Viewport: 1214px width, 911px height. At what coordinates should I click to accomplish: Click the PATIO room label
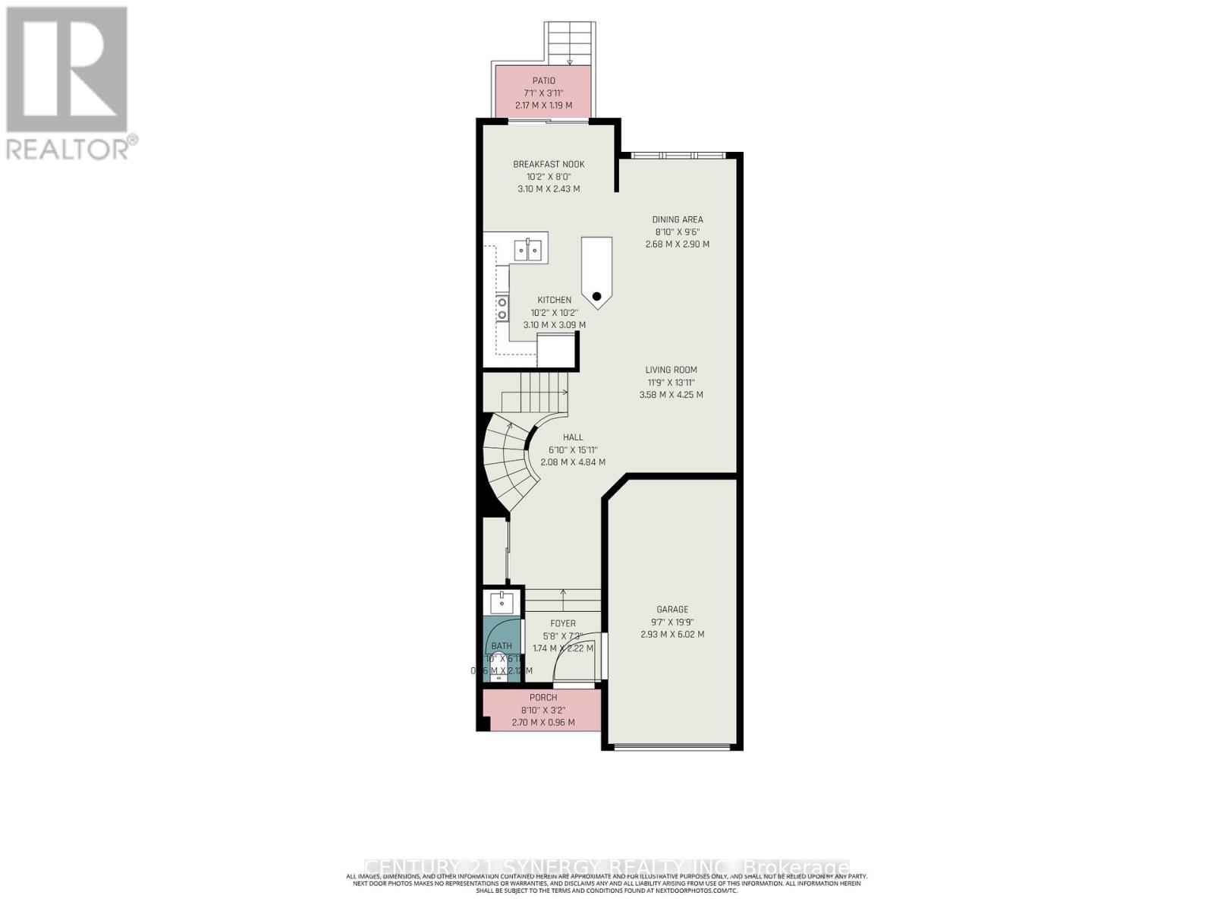[543, 81]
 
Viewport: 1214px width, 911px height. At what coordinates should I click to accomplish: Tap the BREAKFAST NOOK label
[549, 165]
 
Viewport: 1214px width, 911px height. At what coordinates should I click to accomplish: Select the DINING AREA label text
[678, 220]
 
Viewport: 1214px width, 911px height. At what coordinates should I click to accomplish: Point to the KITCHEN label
[555, 301]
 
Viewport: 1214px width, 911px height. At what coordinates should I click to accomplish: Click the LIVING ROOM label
[671, 370]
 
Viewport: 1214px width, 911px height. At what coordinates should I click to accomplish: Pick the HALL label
[573, 437]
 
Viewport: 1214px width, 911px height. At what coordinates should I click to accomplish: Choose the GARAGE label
[672, 610]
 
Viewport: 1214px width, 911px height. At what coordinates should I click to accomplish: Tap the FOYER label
[563, 624]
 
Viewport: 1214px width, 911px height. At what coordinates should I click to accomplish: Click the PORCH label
[543, 698]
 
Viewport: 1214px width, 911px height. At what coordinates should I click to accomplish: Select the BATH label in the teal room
[502, 647]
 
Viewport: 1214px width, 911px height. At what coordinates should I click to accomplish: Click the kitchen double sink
[529, 248]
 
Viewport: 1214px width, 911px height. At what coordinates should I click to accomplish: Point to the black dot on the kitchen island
[597, 296]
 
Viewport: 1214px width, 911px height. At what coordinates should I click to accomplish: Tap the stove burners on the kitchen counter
[502, 308]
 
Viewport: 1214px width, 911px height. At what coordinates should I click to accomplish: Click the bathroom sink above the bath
[502, 604]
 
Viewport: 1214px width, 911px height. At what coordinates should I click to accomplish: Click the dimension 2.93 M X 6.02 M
[672, 635]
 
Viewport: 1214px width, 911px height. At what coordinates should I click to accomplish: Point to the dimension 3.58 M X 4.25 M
[671, 395]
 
